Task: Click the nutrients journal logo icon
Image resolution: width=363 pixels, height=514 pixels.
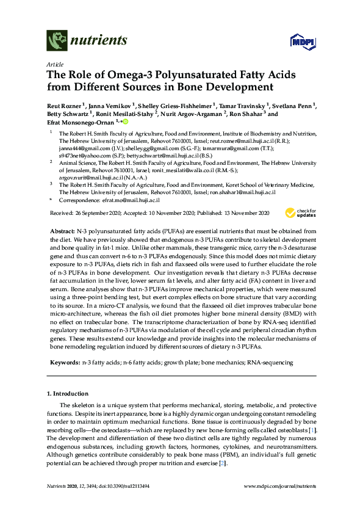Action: pos(57,41)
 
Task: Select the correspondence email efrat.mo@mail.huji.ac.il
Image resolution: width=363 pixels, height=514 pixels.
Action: pos(131,200)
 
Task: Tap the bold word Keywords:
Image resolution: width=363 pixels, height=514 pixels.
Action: pos(64,363)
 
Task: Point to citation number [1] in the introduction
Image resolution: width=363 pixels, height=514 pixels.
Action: pos(312,432)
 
